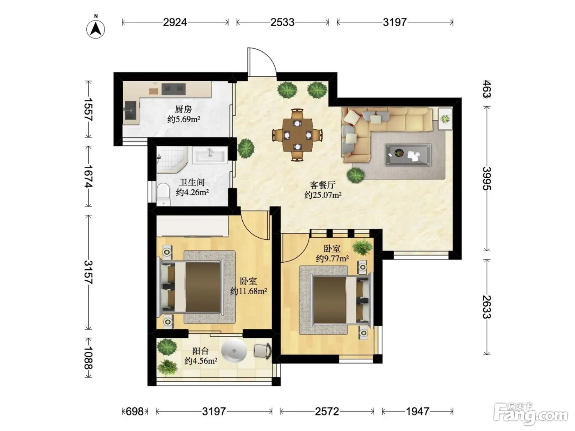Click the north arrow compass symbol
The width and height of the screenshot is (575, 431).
coord(96,29)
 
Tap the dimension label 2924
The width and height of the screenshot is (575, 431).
coord(175,23)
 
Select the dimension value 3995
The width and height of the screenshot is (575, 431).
coord(487,179)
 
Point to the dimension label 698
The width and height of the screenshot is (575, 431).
coord(135,412)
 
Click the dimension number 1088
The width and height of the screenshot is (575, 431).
coord(89,358)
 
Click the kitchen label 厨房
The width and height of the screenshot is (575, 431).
coord(183,109)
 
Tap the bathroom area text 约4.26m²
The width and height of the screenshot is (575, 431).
coord(193,193)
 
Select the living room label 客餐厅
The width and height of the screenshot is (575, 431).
coord(323,185)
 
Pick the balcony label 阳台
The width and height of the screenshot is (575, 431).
coord(200,351)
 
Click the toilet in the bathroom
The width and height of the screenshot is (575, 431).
coord(163,195)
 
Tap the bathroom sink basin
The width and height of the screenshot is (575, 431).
coord(210,155)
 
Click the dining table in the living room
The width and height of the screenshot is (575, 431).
coord(297,135)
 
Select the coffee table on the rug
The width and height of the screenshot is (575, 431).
coord(408,155)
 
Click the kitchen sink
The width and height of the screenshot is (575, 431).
coord(130,110)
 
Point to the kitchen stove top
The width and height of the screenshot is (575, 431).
coord(173,89)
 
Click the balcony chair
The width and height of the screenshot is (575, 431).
coord(263,351)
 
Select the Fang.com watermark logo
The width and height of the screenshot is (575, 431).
coord(531,414)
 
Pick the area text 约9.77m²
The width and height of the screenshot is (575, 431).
coord(332,259)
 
